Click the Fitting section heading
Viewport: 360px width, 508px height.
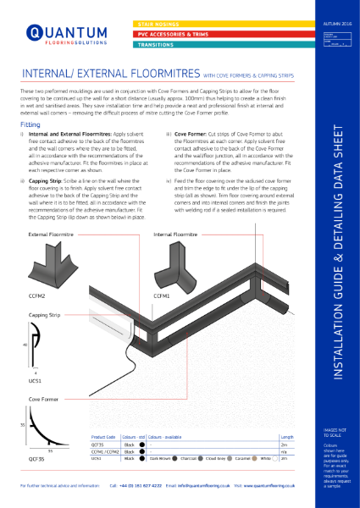coord(29,124)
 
